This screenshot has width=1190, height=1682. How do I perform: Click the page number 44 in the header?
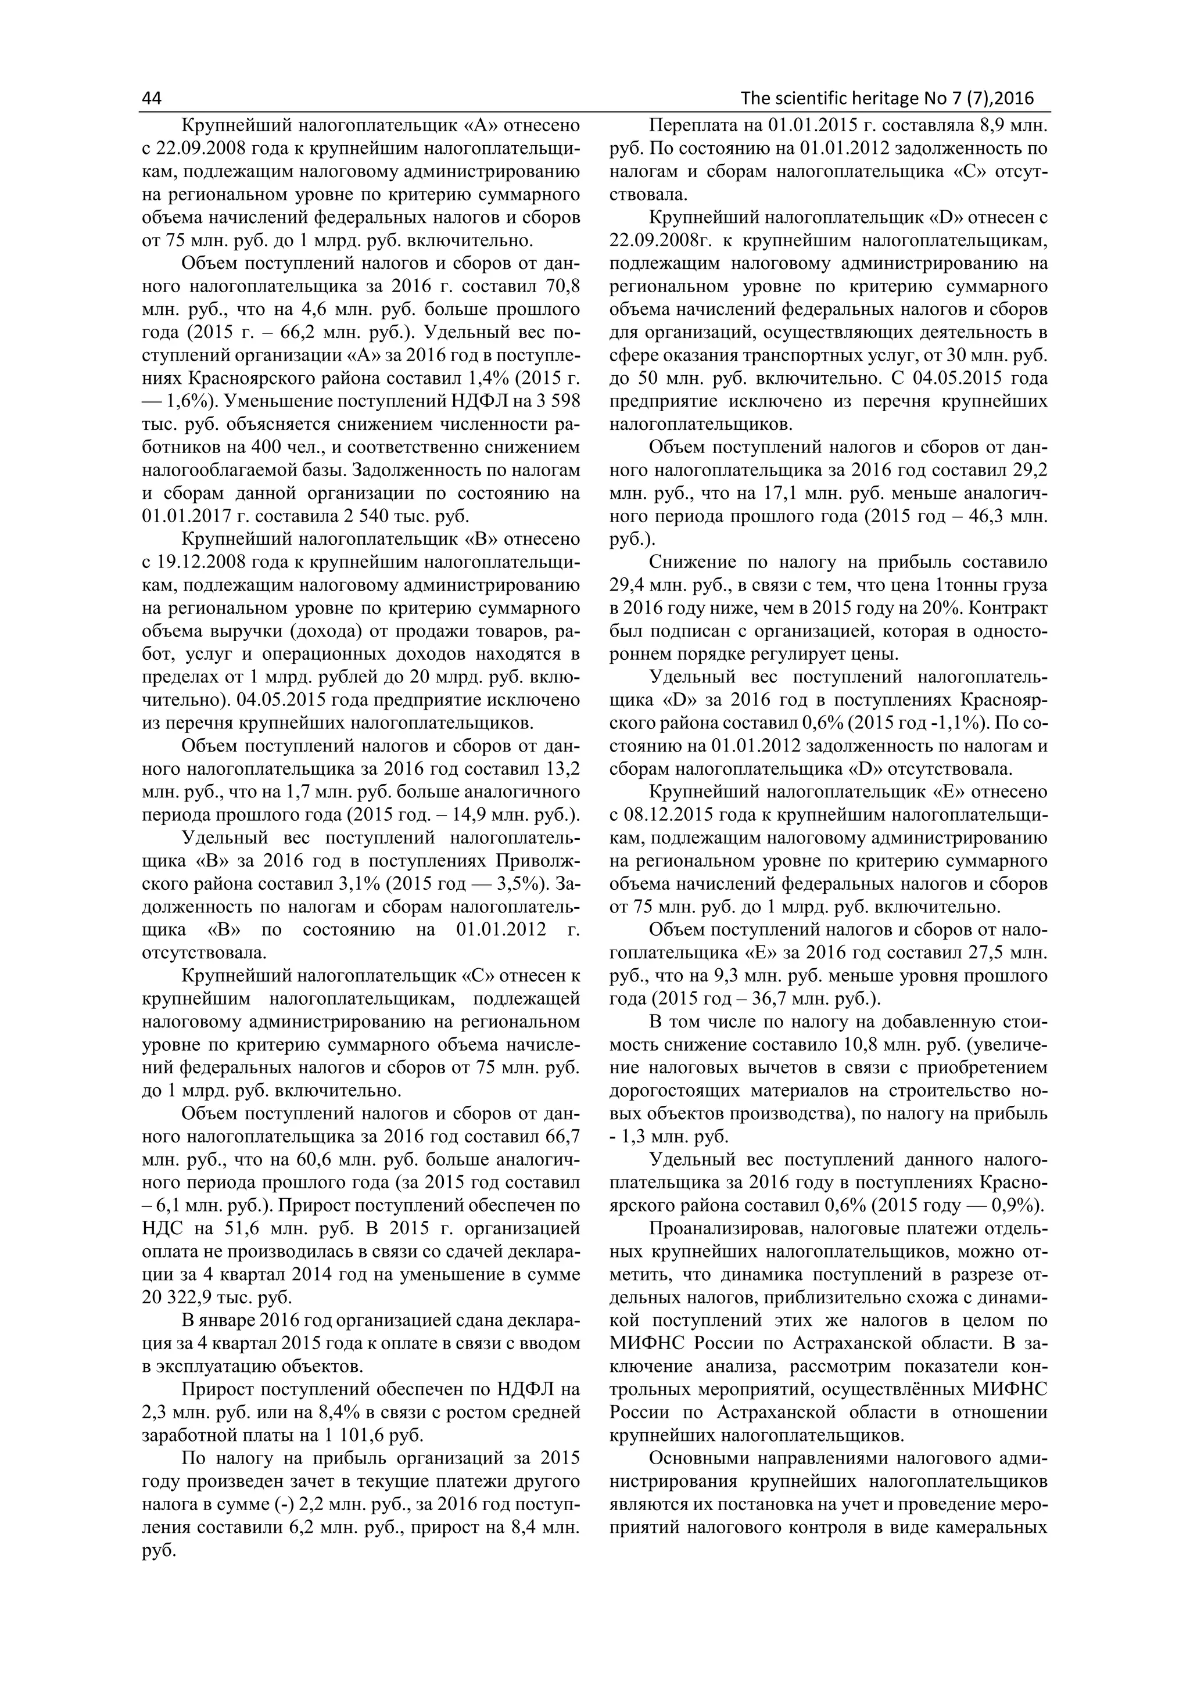point(151,99)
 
